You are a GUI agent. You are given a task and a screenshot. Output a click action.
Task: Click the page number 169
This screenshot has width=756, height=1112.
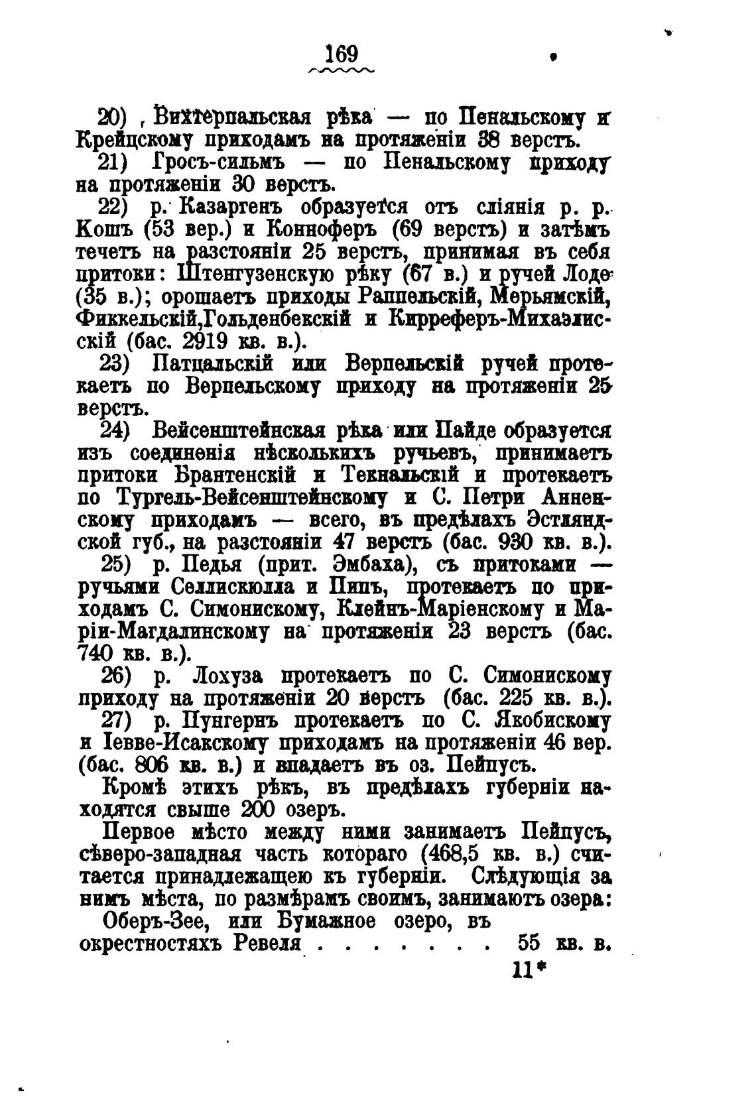[342, 53]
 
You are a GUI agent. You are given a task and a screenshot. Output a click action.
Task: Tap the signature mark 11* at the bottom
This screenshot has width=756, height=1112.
[527, 970]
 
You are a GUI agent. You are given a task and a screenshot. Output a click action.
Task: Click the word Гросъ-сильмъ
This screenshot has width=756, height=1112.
[219, 162]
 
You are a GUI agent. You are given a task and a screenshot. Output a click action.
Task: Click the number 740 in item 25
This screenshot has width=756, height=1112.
[99, 653]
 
